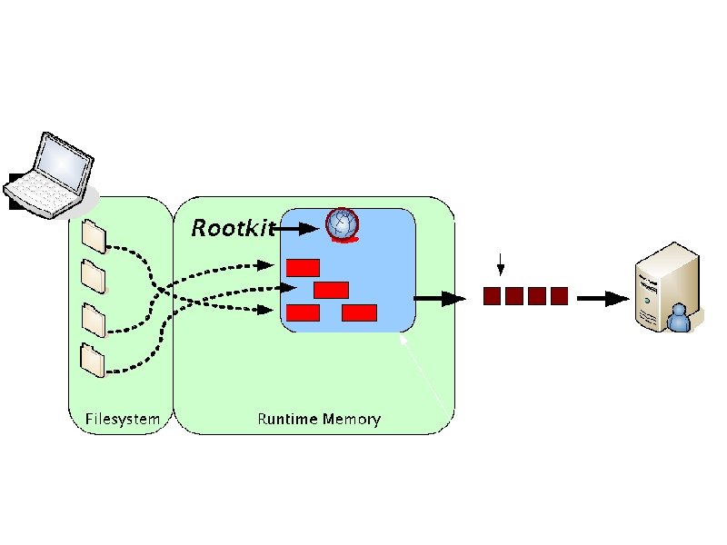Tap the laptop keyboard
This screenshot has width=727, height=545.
pyautogui.click(x=42, y=190)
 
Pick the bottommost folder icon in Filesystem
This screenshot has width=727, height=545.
pyautogui.click(x=93, y=360)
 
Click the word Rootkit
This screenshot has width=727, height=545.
pyautogui.click(x=232, y=228)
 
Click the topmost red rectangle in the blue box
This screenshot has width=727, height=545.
pyautogui.click(x=303, y=267)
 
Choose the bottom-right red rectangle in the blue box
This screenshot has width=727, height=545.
pyautogui.click(x=359, y=312)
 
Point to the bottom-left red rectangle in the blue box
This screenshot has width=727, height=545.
pyautogui.click(x=303, y=312)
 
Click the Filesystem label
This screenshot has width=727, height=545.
pyautogui.click(x=123, y=420)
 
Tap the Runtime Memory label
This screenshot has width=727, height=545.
pyautogui.click(x=318, y=420)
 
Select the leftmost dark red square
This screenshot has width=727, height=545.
pyautogui.click(x=492, y=295)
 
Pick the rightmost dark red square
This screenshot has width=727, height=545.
pyautogui.click(x=559, y=295)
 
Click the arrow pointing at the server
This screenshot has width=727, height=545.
pyautogui.click(x=603, y=298)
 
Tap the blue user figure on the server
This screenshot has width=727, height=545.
pyautogui.click(x=677, y=318)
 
